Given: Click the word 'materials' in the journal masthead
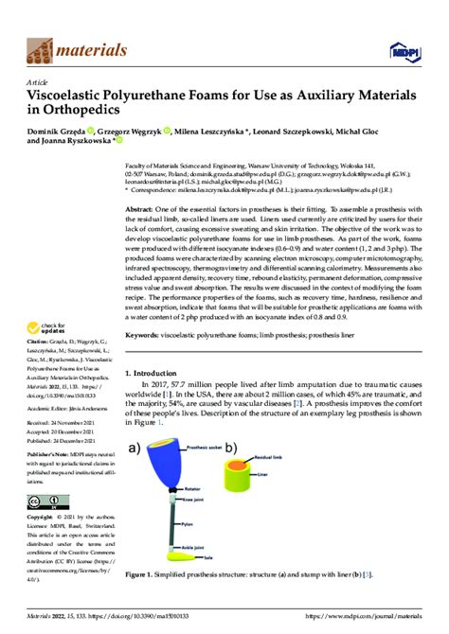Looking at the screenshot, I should coord(94,49).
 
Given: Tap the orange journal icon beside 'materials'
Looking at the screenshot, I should coord(39,49).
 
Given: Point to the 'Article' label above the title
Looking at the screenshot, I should coord(35,83).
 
